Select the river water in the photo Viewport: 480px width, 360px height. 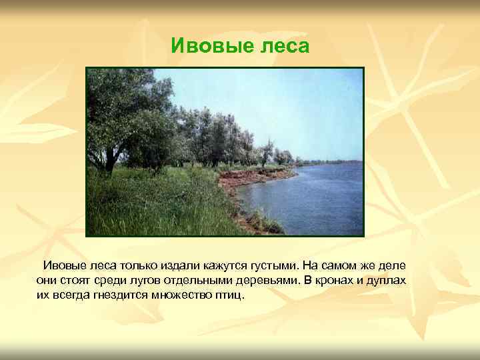313,200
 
